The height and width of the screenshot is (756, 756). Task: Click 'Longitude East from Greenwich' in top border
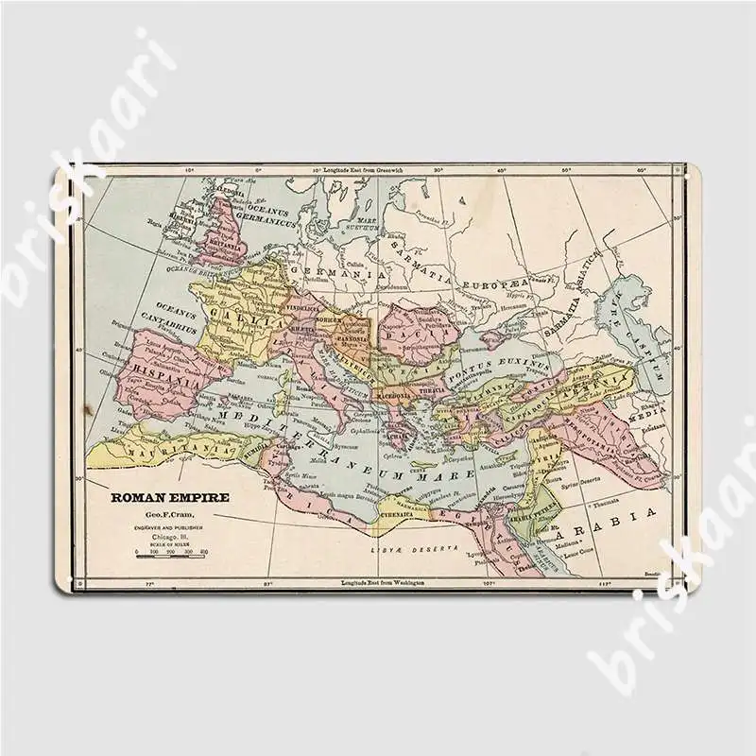(x=364, y=169)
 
